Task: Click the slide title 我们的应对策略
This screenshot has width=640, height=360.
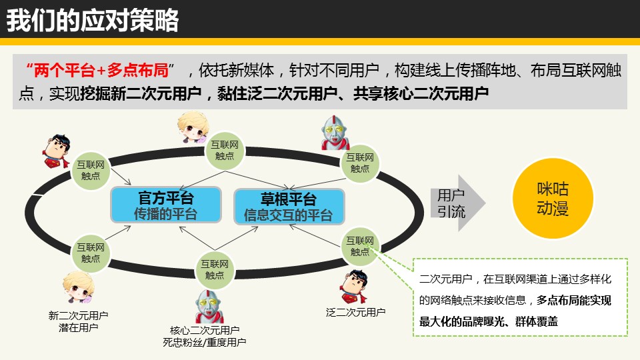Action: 93,20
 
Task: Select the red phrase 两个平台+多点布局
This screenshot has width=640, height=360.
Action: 101,71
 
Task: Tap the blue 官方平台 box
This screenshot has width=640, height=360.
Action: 166,205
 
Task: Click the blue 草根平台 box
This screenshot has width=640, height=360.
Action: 289,207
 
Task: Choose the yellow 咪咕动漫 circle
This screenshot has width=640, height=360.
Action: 553,199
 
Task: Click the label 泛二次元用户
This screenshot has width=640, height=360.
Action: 355,312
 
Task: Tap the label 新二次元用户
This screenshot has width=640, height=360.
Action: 79,315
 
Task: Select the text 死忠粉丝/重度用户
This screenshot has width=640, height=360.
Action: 205,342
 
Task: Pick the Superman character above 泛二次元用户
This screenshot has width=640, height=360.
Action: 354,287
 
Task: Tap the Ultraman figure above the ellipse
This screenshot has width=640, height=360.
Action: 335,133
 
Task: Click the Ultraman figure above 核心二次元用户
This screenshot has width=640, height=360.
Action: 210,306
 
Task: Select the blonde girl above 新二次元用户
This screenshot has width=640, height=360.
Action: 79,287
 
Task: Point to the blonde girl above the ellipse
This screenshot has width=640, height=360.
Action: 193,127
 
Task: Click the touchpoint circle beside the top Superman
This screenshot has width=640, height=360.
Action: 91,171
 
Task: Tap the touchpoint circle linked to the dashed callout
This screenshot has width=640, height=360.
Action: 360,246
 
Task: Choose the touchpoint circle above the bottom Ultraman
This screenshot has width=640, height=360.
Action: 215,270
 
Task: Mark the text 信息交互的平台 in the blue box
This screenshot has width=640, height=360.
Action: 289,215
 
